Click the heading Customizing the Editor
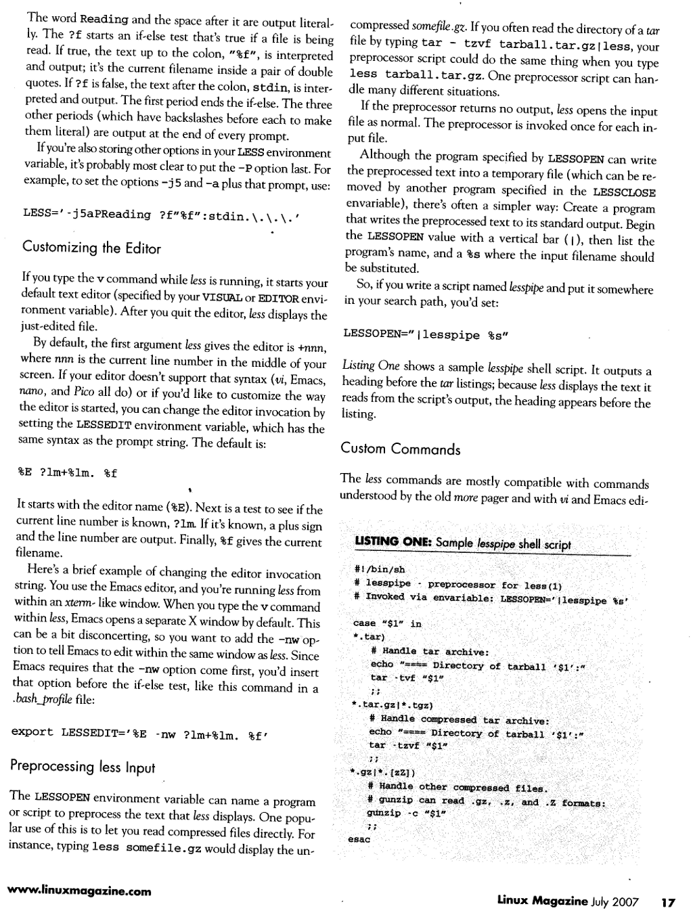coord(91,248)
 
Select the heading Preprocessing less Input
coord(83,767)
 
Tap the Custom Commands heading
coord(400,449)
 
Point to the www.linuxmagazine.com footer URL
coord(79,891)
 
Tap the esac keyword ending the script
coord(359,839)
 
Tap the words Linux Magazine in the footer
coord(543,901)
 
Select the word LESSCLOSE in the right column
coord(623,192)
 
